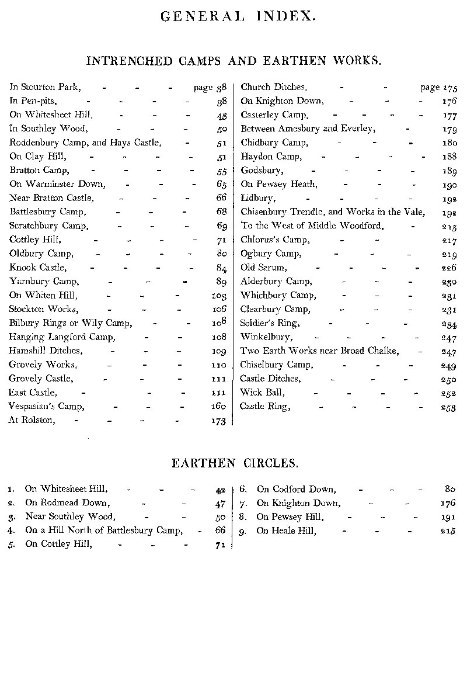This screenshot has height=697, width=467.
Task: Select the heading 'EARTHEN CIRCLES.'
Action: (x=235, y=463)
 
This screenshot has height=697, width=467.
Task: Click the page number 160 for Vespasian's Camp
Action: (x=218, y=407)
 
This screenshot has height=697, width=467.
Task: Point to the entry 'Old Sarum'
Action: (x=264, y=268)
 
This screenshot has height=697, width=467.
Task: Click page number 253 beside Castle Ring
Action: (x=448, y=407)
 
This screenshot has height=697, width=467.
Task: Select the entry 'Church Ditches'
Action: (x=273, y=87)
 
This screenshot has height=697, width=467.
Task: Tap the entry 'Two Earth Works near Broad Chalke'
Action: (x=319, y=351)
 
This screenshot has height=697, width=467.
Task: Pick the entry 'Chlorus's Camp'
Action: (x=275, y=240)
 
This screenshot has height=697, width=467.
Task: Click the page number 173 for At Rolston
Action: (x=218, y=421)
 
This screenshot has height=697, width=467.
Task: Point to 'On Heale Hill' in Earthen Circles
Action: (x=286, y=531)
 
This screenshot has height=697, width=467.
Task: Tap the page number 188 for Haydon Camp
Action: (x=448, y=157)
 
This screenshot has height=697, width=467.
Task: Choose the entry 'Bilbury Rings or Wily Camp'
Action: (x=70, y=323)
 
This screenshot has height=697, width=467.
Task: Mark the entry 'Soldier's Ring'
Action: (x=270, y=323)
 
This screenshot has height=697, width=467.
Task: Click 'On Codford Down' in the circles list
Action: (x=296, y=490)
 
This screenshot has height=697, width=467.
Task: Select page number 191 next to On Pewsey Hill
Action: (x=448, y=518)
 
